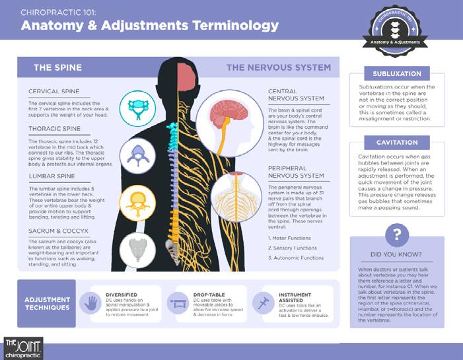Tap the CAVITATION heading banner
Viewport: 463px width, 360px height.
[397, 143]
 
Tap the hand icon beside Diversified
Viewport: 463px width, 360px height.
[90, 303]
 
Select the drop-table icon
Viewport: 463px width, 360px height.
[178, 303]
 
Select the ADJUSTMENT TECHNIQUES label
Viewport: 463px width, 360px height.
[48, 303]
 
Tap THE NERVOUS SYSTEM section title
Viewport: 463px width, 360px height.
[278, 67]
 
